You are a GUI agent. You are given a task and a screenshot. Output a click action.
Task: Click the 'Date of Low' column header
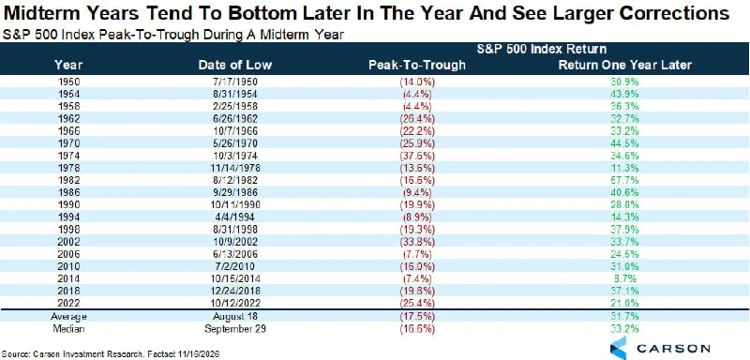(229, 65)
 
